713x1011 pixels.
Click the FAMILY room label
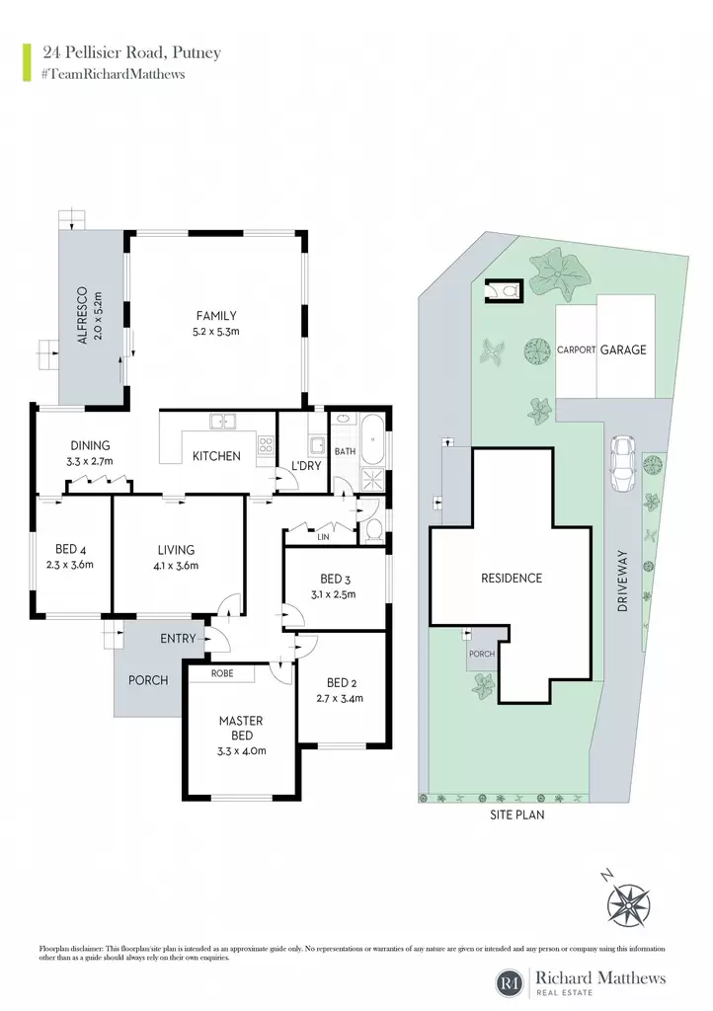coord(216,316)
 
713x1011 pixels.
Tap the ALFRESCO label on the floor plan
coord(82,316)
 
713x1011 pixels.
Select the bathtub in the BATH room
coord(372,440)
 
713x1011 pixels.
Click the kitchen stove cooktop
coord(266,444)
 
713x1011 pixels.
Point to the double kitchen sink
coord(222,422)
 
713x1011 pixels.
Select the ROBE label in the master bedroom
coord(222,673)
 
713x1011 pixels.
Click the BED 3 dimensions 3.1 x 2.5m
coord(333,594)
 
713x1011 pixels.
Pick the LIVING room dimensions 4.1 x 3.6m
coord(176,566)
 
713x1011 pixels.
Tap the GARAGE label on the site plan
coord(623,350)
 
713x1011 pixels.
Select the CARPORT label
coord(577,350)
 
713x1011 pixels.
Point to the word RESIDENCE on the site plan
coord(512,578)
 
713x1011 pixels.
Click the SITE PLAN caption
coord(517,815)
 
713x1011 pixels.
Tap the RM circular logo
coord(510,982)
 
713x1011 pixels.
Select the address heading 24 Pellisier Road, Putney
coord(131,53)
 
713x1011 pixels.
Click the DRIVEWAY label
coord(622,581)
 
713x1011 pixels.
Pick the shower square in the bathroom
coord(372,478)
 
